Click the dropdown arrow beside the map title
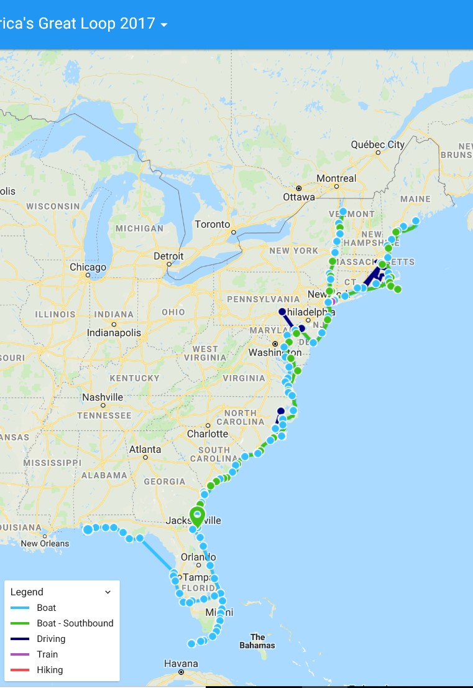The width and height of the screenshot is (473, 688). pos(164,25)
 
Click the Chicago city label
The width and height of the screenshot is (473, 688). pos(88,267)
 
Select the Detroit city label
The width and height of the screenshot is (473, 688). pos(168,256)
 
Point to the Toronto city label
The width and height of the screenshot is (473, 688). pos(213,225)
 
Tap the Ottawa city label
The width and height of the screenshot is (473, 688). pos(299,197)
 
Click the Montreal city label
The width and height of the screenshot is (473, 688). pos(336,179)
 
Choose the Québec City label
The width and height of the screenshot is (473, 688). pos(378,144)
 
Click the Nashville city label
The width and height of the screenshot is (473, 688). pos(103,397)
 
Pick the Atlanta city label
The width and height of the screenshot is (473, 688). pos(145,449)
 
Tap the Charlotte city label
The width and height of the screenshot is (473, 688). pos(208,434)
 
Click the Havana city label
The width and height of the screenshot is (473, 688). pos(181,664)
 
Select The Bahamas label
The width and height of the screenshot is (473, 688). pos(257,641)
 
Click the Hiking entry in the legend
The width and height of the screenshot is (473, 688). pos(50,670)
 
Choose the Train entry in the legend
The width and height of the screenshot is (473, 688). pos(47,654)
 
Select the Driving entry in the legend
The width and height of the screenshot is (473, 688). pos(51,639)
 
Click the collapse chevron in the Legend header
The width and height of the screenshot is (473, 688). pos(108,592)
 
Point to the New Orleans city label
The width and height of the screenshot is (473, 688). pos(45,543)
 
